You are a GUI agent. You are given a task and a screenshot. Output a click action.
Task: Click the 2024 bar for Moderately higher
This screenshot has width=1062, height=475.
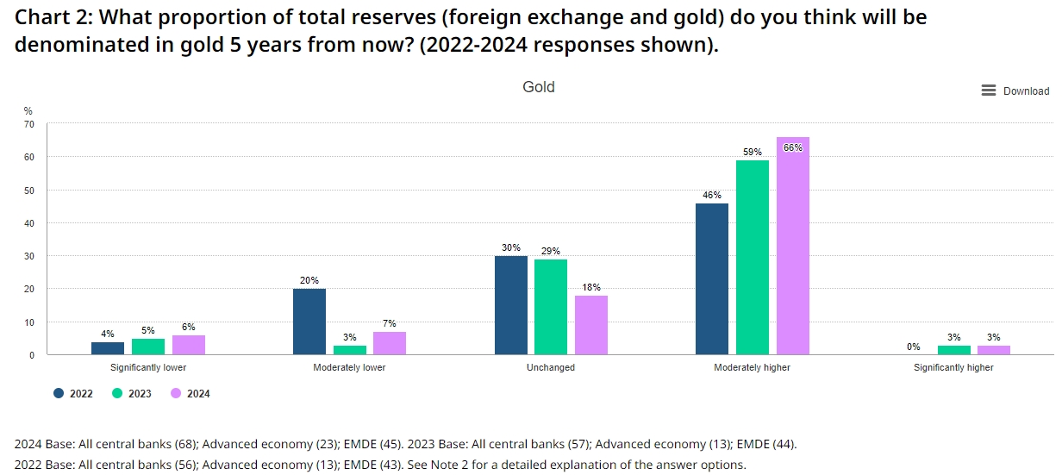click(x=792, y=246)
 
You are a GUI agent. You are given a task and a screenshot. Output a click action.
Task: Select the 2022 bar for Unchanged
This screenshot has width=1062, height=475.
click(x=510, y=305)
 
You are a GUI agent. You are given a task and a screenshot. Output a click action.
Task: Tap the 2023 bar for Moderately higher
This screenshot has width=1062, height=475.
click(x=752, y=257)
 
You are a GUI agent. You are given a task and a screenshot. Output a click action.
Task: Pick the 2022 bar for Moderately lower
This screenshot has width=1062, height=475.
click(x=309, y=322)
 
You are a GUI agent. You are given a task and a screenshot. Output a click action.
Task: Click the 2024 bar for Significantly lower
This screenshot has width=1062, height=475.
click(x=189, y=345)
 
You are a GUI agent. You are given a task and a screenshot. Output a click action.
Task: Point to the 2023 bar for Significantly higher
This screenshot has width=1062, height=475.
click(x=953, y=350)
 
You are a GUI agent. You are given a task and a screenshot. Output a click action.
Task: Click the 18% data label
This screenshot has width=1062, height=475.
click(x=591, y=287)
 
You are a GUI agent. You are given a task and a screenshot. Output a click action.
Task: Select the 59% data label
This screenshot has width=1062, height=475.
click(x=752, y=152)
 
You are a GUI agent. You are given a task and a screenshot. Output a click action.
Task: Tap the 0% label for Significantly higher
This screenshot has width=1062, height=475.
click(x=914, y=347)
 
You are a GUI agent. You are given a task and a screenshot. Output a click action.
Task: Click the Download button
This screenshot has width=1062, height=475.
click(x=1026, y=91)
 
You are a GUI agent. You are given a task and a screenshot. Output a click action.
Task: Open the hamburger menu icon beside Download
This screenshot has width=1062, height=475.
click(x=989, y=91)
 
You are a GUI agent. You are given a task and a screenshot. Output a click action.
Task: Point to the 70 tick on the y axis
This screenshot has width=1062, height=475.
click(x=28, y=124)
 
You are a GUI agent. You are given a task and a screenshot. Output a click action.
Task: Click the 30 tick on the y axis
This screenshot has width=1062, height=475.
click(x=28, y=256)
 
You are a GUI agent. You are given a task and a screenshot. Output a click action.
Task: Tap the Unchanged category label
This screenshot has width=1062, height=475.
click(x=550, y=367)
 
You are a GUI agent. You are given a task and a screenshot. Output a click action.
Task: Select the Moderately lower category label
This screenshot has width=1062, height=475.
click(x=349, y=367)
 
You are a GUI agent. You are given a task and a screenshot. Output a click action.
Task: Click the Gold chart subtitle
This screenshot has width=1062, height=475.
click(x=539, y=87)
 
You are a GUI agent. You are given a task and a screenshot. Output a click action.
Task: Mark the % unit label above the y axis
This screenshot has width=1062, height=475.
click(x=28, y=110)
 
